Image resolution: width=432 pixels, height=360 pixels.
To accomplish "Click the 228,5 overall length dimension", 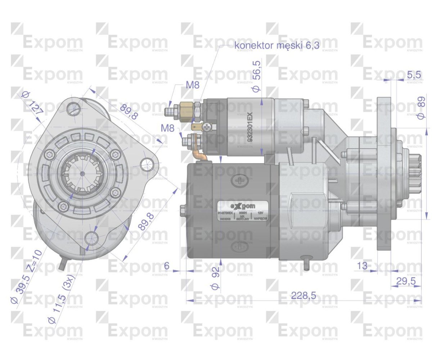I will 303,296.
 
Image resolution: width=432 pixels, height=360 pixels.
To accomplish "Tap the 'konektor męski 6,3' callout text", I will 277,45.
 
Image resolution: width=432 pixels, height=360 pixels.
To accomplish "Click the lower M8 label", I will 168,127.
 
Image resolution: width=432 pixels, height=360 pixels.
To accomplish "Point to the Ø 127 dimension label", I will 32,103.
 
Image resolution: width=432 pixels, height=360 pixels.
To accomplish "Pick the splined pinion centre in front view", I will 82,174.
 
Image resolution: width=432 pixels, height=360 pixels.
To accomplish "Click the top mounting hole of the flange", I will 73,108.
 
